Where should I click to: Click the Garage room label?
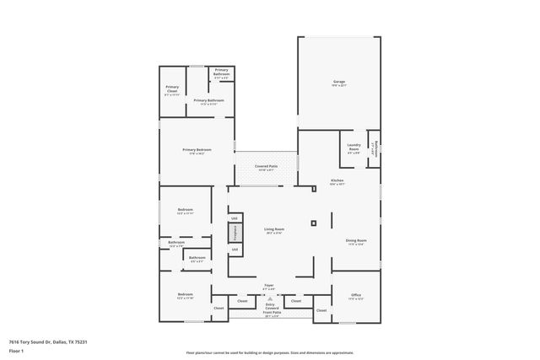[x=338, y=83]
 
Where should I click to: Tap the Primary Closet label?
[x=172, y=89]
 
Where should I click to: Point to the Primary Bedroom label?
[x=197, y=152]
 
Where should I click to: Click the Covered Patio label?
[x=267, y=168]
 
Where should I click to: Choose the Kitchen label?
[x=337, y=181]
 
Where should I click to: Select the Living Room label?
[x=274, y=231]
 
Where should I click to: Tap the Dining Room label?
[x=355, y=242]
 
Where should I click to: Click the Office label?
[x=356, y=296]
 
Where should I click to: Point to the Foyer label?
[x=269, y=287]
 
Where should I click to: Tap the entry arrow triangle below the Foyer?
[x=270, y=298]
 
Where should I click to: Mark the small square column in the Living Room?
[x=313, y=223]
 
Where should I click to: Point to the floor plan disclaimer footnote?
[x=269, y=352]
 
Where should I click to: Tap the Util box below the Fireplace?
[x=235, y=250]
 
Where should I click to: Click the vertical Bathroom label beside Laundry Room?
[x=374, y=148]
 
